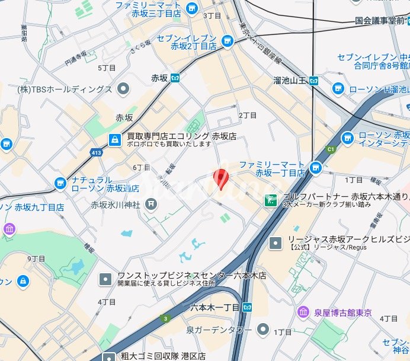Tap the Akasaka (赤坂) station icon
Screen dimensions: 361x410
pyautogui.click(x=175, y=78)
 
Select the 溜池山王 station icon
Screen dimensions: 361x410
pyautogui.click(x=315, y=80)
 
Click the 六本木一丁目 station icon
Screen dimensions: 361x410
pyautogui.click(x=248, y=307)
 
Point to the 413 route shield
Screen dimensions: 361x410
pyautogui.click(x=95, y=153)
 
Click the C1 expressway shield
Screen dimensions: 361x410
pyautogui.click(x=331, y=149)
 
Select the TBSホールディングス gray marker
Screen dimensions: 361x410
pyautogui.click(x=123, y=90)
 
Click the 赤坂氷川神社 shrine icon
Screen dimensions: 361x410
pyautogui.click(x=152, y=205)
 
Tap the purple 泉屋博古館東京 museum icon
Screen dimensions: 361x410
pyautogui.click(x=303, y=312)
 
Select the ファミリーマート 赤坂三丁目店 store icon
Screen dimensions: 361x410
pyautogui.click(x=191, y=8)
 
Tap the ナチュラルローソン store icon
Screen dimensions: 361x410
pyautogui.click(x=60, y=184)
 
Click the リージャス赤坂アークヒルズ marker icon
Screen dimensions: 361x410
pyautogui.click(x=276, y=242)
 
